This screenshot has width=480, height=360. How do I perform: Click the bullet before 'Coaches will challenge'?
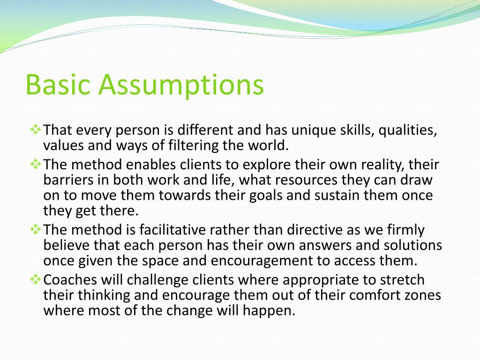[x=36, y=279]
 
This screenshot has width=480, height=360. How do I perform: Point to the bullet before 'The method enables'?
[x=36, y=164]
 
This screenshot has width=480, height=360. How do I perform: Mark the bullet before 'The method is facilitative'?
[x=36, y=229]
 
